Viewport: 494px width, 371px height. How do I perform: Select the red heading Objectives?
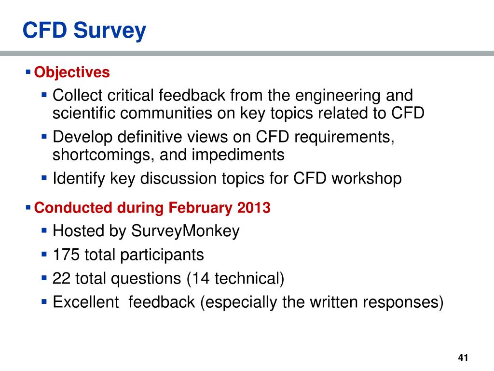72,72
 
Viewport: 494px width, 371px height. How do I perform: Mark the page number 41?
463,358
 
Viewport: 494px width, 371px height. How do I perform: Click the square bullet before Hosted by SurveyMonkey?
44,230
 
